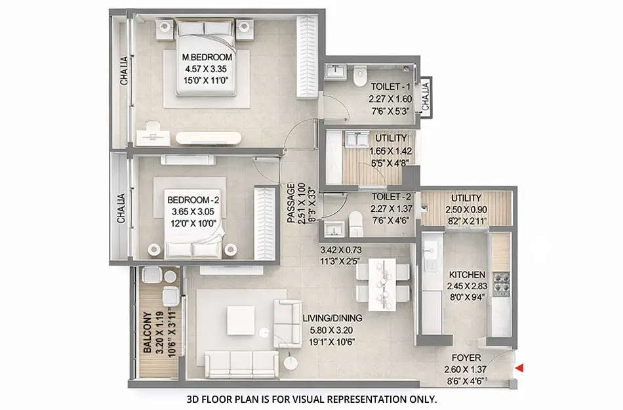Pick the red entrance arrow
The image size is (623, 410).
click(519, 369)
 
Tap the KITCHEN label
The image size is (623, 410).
click(468, 274)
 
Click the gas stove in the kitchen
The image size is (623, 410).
click(502, 283)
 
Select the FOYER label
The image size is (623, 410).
click(467, 358)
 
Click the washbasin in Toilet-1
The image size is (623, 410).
click(334, 70)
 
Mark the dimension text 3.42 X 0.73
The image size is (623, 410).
click(344, 249)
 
